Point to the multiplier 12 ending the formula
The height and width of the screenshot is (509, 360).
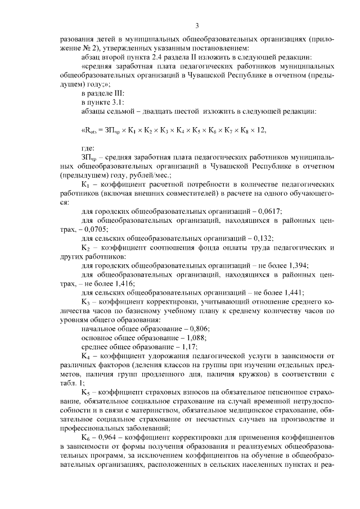tap(260, 130)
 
